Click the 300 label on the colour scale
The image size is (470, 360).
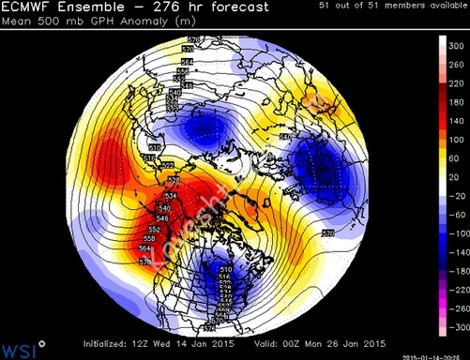click(454, 45)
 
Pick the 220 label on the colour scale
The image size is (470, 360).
click(454, 83)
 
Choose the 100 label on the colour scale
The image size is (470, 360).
click(454, 141)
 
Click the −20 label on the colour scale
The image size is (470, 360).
click(454, 196)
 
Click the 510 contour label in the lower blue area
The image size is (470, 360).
click(199, 270)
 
